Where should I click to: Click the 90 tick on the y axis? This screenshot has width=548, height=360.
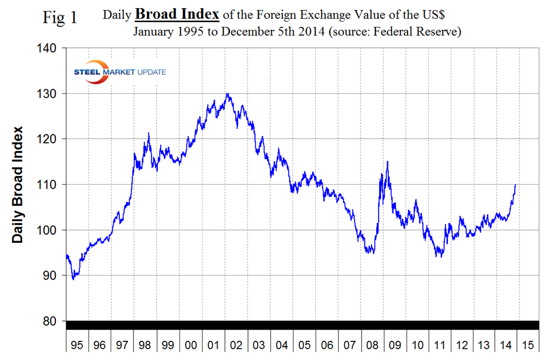[48, 276]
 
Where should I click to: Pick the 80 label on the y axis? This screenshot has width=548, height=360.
[48, 321]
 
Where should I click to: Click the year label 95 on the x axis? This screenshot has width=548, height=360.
[77, 345]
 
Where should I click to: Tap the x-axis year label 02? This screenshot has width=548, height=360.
[236, 345]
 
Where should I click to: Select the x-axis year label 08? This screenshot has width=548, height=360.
[372, 345]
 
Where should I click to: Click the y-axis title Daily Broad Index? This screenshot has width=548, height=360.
[19, 184]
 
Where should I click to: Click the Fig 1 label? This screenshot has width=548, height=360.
[61, 17]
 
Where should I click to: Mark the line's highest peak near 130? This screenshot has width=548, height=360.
[227, 93]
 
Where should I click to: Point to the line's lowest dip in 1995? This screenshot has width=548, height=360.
[73, 280]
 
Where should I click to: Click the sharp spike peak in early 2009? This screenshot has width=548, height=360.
[387, 162]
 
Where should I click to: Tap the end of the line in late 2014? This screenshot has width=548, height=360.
[515, 185]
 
